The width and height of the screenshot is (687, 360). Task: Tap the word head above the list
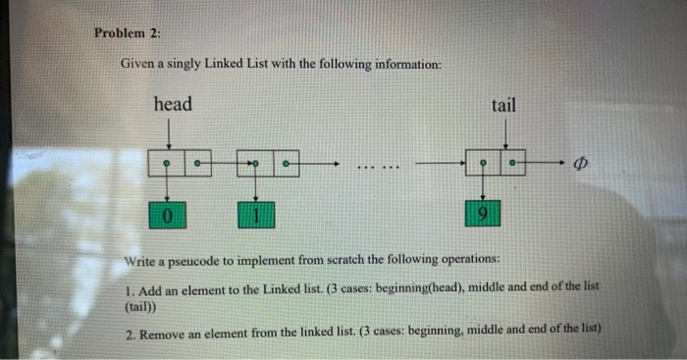[x=173, y=103]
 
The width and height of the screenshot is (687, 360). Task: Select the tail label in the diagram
[x=502, y=104]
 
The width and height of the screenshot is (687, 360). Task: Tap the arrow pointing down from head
[x=171, y=132]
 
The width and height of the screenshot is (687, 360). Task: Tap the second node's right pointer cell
[x=286, y=161]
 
